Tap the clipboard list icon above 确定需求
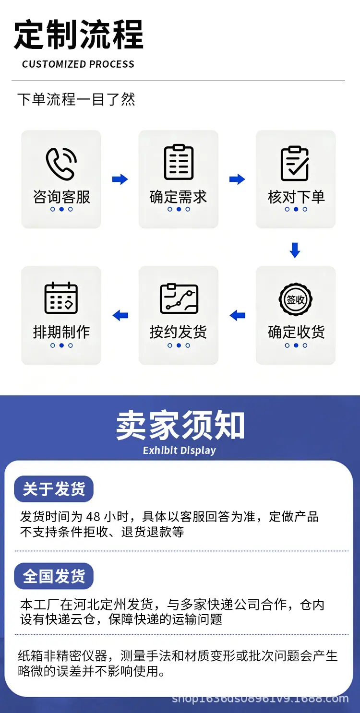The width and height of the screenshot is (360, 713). (179, 162)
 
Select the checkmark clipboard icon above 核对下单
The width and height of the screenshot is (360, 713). (295, 164)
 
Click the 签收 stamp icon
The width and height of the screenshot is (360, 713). (295, 299)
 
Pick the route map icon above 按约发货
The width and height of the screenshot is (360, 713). (179, 298)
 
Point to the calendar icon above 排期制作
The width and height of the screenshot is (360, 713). (61, 298)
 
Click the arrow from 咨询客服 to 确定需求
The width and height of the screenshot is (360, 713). (120, 179)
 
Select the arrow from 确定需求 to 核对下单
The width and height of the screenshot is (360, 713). (237, 179)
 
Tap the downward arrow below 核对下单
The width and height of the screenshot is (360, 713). (295, 250)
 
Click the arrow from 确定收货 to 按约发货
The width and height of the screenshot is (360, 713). (238, 315)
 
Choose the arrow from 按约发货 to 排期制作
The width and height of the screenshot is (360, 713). (120, 315)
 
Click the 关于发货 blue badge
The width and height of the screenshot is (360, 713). (54, 489)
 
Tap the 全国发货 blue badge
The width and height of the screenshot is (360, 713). (54, 576)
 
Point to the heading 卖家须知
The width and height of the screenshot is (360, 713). (180, 425)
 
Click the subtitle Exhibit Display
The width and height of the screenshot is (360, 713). (180, 451)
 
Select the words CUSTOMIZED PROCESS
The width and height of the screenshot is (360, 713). (78, 64)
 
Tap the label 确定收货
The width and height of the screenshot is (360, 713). (296, 332)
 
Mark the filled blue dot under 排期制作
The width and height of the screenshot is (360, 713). (62, 345)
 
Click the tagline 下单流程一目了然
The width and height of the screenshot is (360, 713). (76, 99)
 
